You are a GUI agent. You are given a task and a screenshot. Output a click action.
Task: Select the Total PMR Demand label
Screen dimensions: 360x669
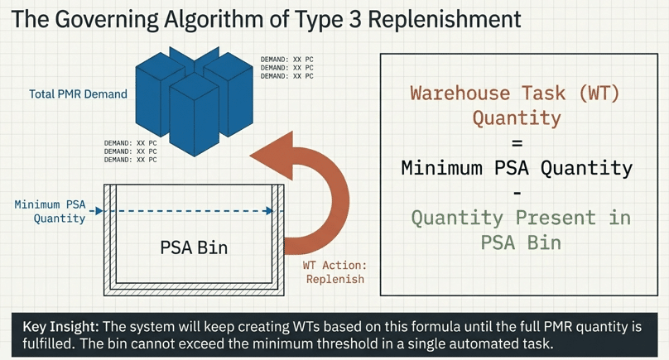tap(78, 94)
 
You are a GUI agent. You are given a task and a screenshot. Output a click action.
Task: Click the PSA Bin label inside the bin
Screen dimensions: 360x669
tap(194, 247)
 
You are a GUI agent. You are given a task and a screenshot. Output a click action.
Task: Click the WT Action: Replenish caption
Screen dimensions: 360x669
tap(335, 272)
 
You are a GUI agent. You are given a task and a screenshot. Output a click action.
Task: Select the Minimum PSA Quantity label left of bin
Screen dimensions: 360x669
tap(51, 211)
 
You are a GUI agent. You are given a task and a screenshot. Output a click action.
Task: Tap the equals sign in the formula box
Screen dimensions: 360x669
tap(517, 142)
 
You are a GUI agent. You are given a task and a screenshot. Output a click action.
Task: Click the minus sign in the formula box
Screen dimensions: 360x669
tap(517, 193)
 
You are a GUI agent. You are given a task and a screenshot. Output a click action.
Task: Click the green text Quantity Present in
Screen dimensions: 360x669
tap(521, 218)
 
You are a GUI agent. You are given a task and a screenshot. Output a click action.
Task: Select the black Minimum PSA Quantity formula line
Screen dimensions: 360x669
tap(517, 168)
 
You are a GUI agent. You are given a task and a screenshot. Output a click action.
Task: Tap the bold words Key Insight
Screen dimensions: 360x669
tap(57, 324)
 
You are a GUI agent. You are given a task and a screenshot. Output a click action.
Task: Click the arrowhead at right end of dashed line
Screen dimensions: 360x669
tap(269, 211)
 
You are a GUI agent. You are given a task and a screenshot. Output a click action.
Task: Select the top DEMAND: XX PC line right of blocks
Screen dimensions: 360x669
tap(287, 60)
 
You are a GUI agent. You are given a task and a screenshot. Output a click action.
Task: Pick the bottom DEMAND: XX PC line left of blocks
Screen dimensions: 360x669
tap(130, 160)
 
